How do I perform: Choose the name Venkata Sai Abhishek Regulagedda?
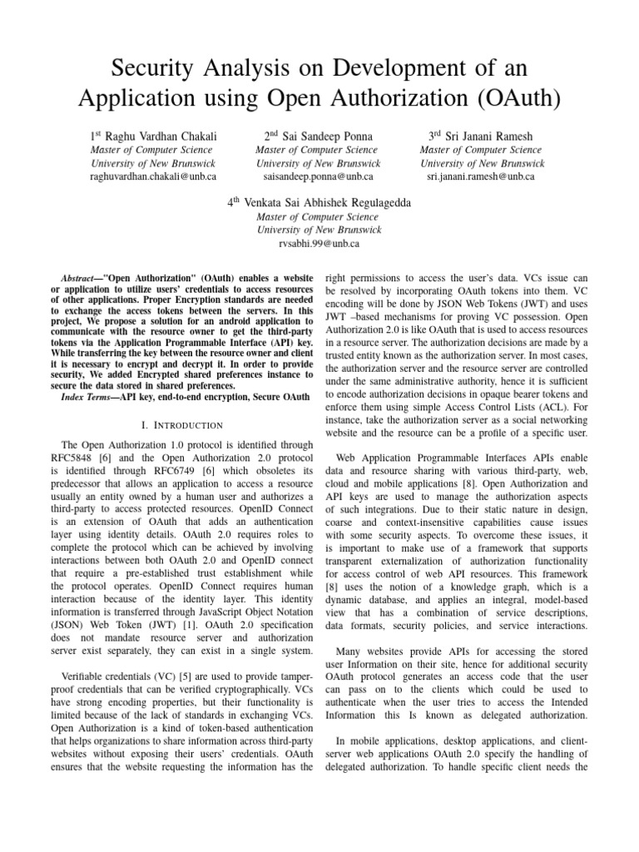329,202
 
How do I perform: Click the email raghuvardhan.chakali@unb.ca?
151,177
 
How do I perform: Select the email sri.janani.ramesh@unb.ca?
481,177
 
